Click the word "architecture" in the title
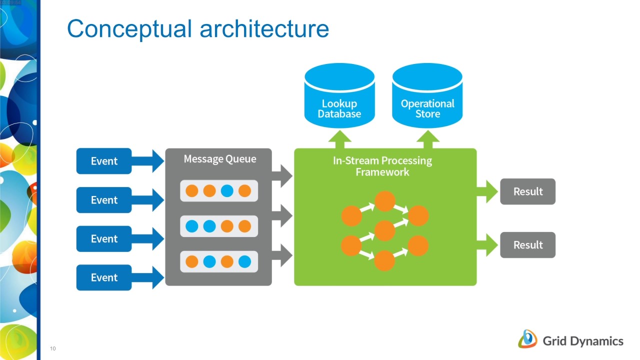264,29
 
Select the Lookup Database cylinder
339,95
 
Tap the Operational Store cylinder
427,95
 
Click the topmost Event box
104,161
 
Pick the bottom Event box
104,277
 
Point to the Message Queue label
220,159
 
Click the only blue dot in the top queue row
227,191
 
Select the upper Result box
527,191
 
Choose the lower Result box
527,245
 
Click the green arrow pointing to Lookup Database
339,139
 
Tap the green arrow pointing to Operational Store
427,139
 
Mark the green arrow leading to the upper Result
487,191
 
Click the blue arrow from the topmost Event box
147,161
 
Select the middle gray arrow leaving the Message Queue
282,215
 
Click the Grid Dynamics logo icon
527,339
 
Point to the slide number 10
53,348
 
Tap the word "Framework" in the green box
382,172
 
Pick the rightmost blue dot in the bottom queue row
245,261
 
